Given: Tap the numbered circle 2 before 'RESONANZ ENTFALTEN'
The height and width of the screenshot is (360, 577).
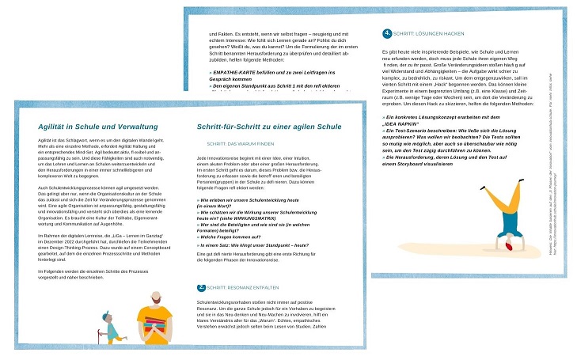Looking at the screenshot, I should click(x=201, y=288).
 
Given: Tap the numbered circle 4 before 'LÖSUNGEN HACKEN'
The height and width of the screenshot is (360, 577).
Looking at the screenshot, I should click(x=386, y=33).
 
